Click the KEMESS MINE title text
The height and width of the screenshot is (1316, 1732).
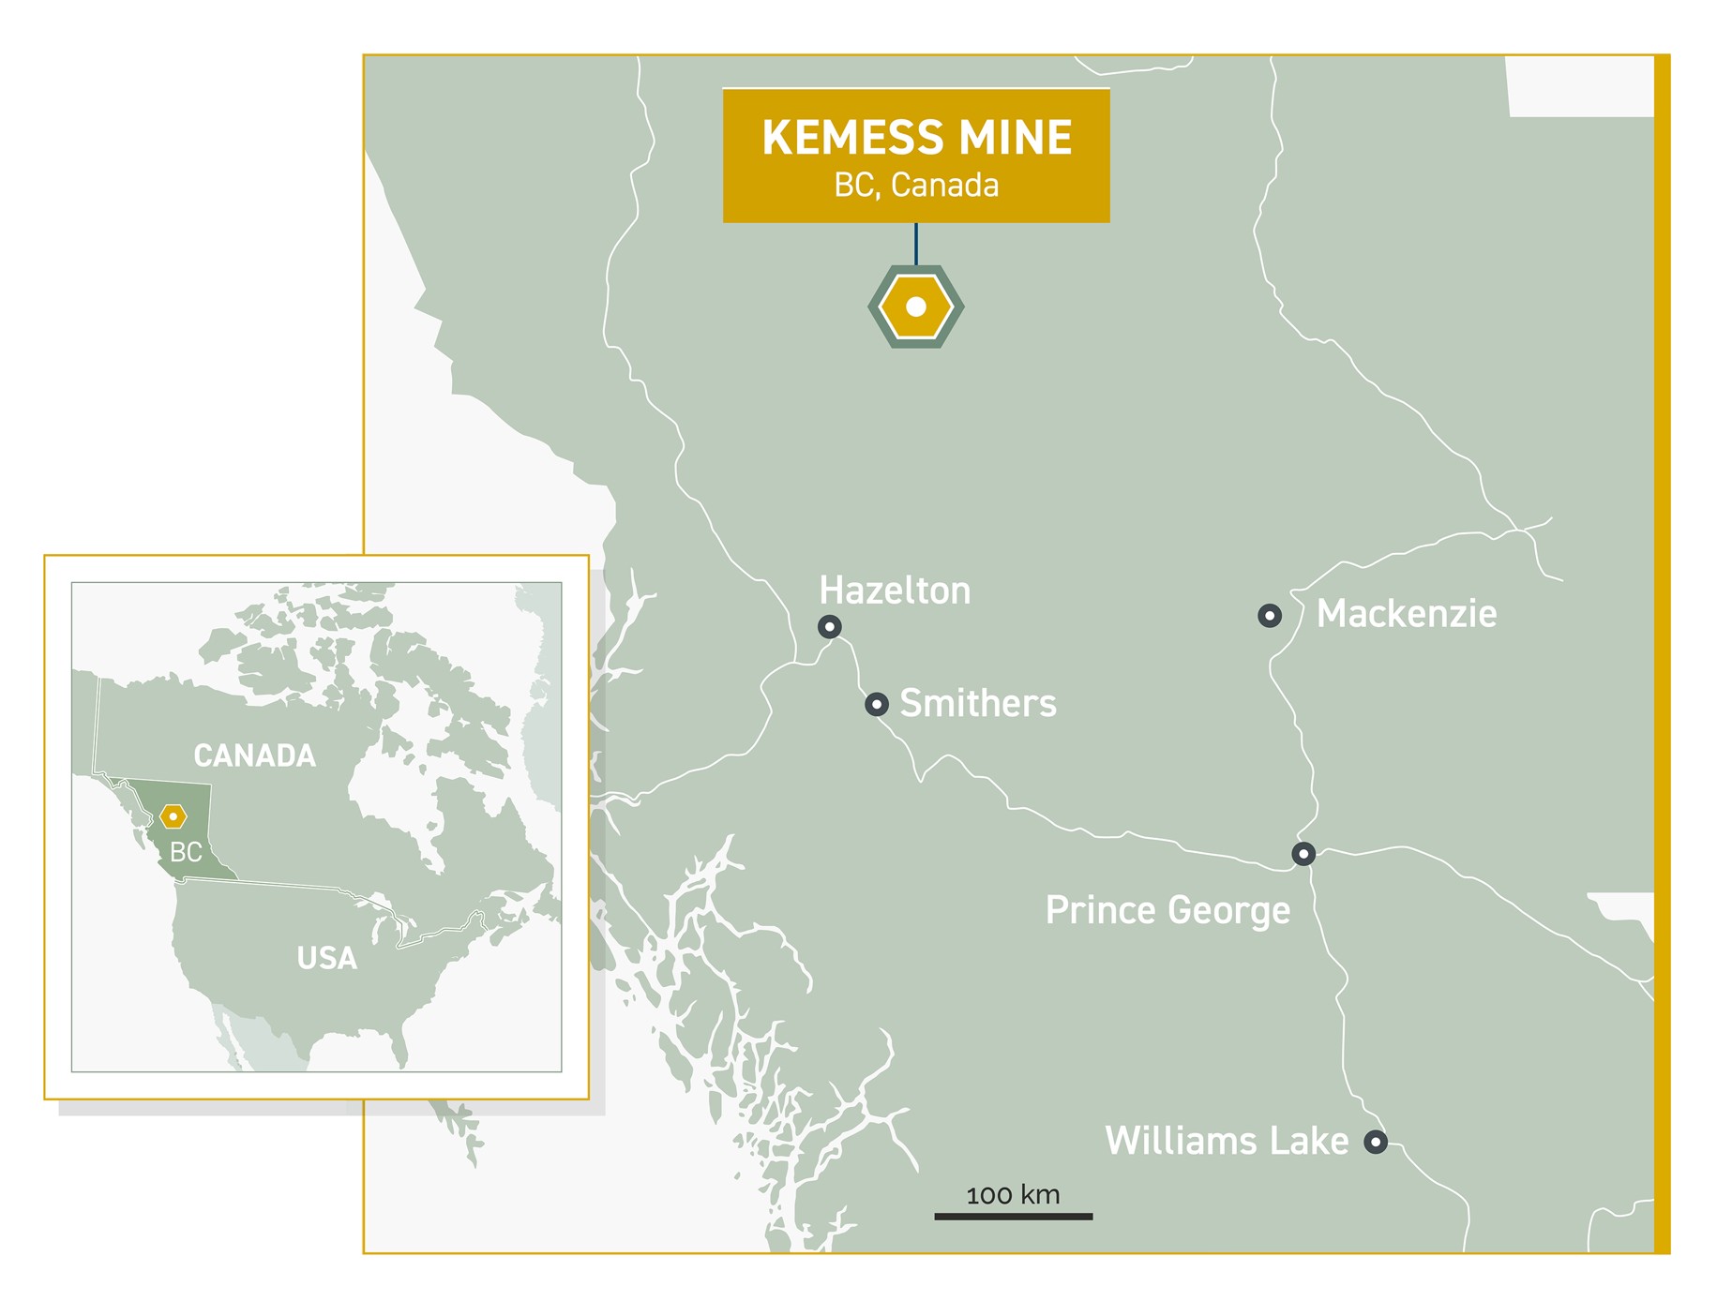(x=916, y=138)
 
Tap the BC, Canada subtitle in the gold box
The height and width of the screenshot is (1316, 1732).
(x=916, y=186)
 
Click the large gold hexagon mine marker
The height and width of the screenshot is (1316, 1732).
(x=916, y=307)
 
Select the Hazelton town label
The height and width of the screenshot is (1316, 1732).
(x=895, y=591)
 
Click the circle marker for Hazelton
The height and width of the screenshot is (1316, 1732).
(x=829, y=626)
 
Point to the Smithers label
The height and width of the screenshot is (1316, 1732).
(x=977, y=703)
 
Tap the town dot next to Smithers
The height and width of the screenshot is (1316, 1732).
(x=876, y=704)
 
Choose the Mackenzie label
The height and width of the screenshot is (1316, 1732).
(x=1406, y=614)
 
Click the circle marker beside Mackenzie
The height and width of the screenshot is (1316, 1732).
(x=1269, y=616)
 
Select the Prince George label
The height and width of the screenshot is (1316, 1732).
(x=1167, y=910)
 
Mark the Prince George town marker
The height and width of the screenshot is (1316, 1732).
(x=1303, y=854)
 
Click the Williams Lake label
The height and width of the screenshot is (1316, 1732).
(x=1227, y=1141)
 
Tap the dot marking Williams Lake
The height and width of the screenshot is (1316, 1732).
(x=1375, y=1142)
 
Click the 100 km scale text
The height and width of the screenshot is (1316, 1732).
(x=1013, y=1195)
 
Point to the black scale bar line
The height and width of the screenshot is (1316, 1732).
(x=1013, y=1217)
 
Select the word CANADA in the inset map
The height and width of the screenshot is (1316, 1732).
(x=254, y=755)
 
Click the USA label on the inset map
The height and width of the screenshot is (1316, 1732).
(x=326, y=958)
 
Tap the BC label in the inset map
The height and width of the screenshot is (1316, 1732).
(x=186, y=852)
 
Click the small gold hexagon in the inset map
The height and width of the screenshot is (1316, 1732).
(x=173, y=816)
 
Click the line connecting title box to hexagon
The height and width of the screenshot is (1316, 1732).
(x=916, y=244)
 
